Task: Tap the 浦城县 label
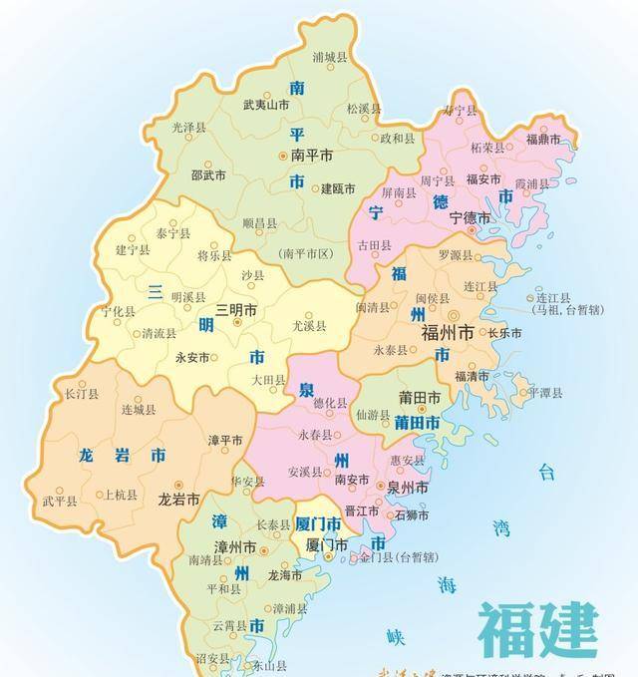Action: pyautogui.click(x=332, y=58)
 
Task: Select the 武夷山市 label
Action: pyautogui.click(x=266, y=104)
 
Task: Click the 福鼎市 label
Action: pyautogui.click(x=542, y=139)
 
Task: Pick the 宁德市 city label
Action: pyautogui.click(x=471, y=216)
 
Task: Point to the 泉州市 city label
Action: pyautogui.click(x=408, y=489)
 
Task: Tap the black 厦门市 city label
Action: pyautogui.click(x=326, y=545)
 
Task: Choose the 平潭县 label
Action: pyautogui.click(x=547, y=392)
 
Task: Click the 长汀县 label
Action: pyautogui.click(x=81, y=395)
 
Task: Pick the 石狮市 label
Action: pyautogui.click(x=413, y=515)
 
